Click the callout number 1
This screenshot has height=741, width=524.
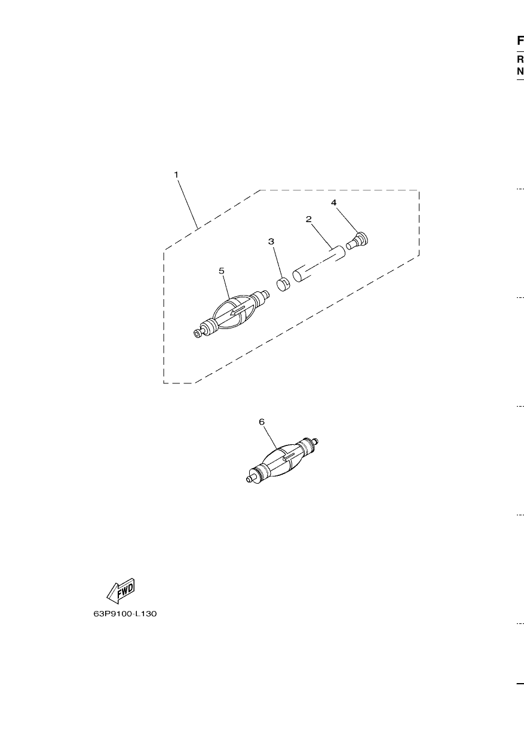pos(176,174)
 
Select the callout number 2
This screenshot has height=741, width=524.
pos(308,219)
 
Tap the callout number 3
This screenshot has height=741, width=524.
pos(271,241)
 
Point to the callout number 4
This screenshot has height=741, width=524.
pos(333,202)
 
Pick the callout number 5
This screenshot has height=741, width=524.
pos(222,271)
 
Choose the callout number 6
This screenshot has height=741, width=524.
pos(262,422)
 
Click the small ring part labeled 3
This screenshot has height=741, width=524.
pos(283,284)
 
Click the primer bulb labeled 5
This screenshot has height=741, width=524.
pos(231,313)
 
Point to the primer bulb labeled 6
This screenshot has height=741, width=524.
pos(283,460)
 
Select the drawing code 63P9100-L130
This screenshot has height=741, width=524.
pos(125,614)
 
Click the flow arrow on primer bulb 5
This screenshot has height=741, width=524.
pos(238,310)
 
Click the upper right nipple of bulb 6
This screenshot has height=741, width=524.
pos(316,441)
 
